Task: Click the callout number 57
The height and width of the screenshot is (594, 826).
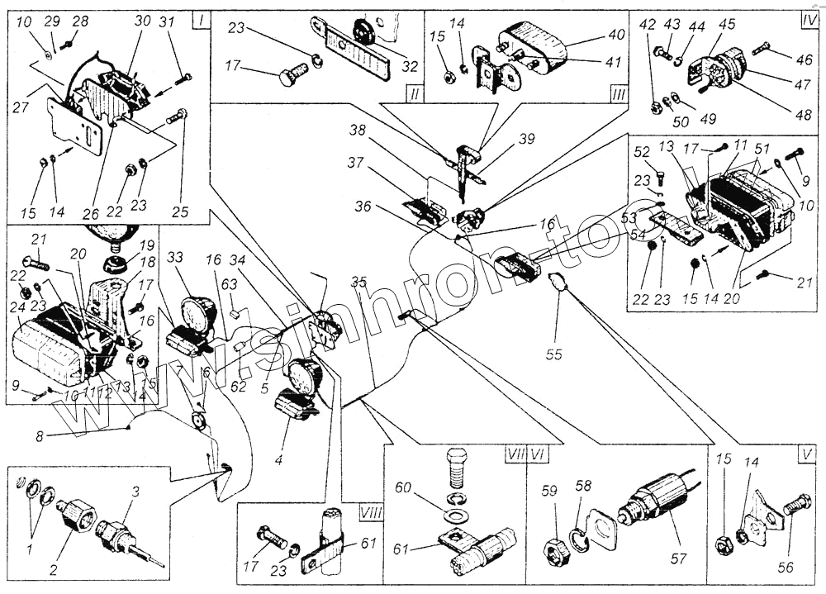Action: pyautogui.click(x=678, y=559)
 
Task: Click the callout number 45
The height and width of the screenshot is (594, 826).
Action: pyautogui.click(x=728, y=25)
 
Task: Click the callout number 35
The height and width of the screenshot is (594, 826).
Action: pyautogui.click(x=358, y=283)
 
